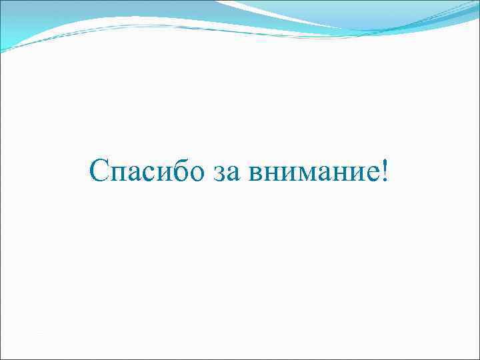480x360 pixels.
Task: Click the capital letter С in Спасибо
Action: [99, 173]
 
